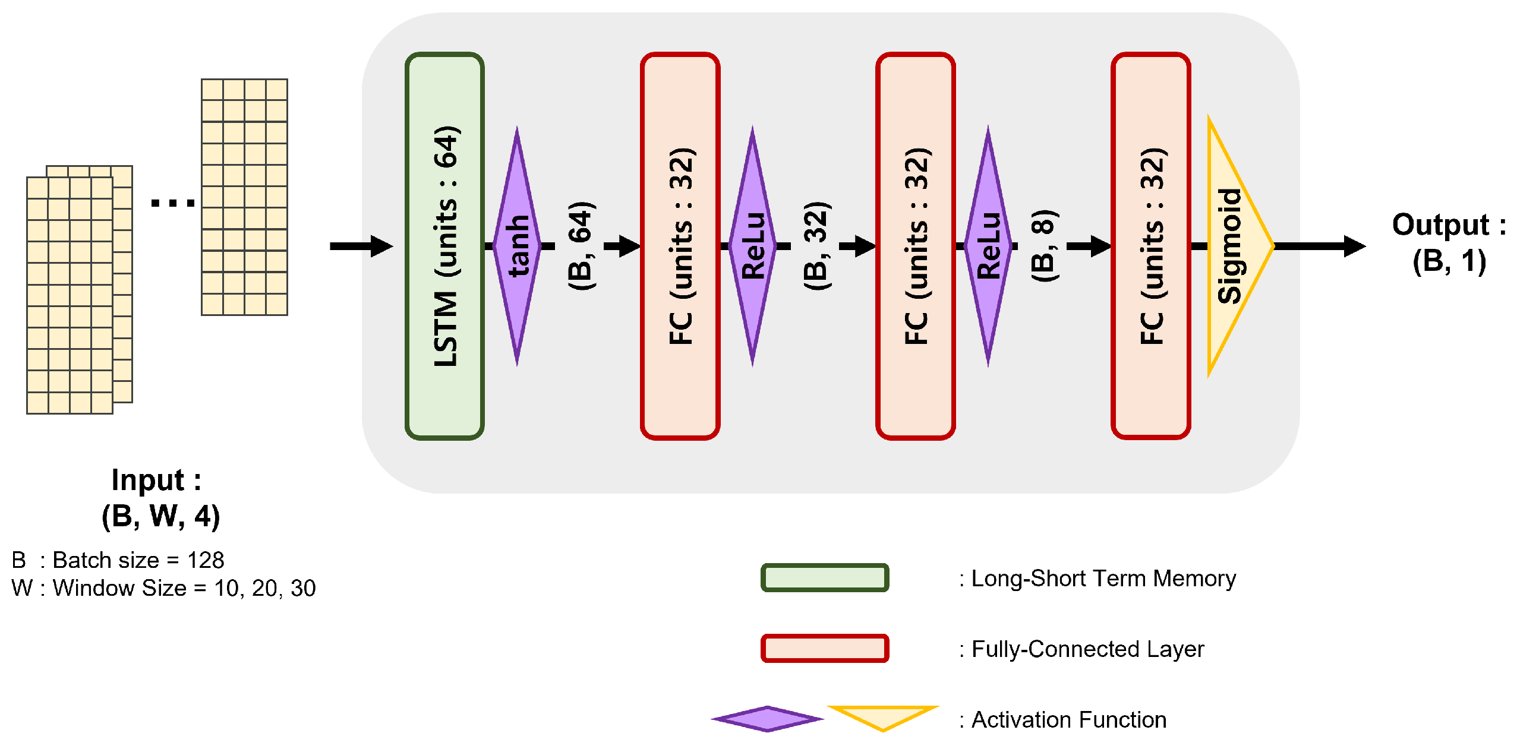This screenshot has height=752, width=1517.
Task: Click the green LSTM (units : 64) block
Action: tap(444, 246)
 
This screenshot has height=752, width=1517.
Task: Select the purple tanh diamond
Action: tap(517, 246)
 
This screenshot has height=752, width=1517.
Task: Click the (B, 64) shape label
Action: tap(581, 246)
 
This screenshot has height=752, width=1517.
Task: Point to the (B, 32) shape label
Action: tap(816, 246)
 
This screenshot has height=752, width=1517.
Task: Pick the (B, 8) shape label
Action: tap(1043, 246)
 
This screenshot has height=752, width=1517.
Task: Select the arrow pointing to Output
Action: tap(1319, 246)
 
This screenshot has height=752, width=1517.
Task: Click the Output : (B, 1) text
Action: tap(1449, 242)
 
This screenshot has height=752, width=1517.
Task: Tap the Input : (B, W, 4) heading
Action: tap(159, 497)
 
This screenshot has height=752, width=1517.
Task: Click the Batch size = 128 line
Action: tap(118, 560)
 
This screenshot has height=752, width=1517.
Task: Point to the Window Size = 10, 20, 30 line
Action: tap(163, 588)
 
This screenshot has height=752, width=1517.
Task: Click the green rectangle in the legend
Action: tap(825, 578)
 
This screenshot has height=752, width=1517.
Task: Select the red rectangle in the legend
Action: tap(825, 648)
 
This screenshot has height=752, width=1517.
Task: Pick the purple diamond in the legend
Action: tap(767, 719)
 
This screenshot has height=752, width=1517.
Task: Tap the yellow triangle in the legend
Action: tap(882, 715)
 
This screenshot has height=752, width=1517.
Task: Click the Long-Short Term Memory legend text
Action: tap(1097, 579)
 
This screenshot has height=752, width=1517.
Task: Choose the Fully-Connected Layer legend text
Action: tap(1081, 649)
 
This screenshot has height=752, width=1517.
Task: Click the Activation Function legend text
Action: tap(1063, 720)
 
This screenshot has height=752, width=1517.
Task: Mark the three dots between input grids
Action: tap(172, 203)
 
